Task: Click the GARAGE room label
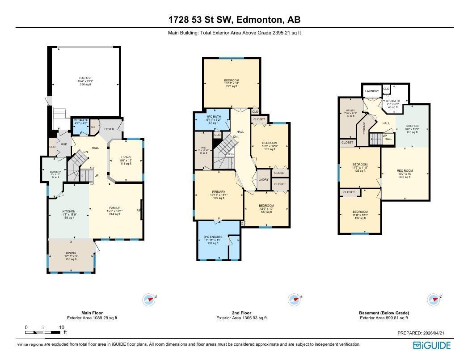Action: click(86, 78)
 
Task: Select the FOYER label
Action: click(110, 129)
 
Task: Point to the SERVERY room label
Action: click(55, 172)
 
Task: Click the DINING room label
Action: click(71, 253)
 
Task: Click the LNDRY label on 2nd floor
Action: click(263, 180)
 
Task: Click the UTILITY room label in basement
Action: click(350, 110)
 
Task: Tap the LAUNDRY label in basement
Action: click(372, 91)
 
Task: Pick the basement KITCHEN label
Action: click(413, 127)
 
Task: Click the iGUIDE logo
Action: click(432, 345)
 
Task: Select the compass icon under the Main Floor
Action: click(149, 300)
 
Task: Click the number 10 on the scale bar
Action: click(62, 327)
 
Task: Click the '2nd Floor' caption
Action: click(241, 313)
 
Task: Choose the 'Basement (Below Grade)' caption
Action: click(384, 313)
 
